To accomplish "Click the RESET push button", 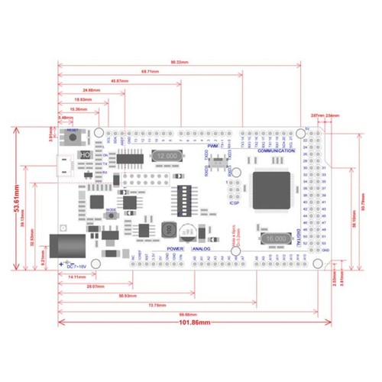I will (74, 138).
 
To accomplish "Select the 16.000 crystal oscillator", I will (276, 239).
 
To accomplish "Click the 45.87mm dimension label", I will (118, 81).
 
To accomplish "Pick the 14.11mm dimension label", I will (76, 276).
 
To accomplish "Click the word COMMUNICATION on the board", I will (277, 152).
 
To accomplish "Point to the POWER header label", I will (174, 248).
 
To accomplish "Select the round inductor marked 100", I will (168, 229).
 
